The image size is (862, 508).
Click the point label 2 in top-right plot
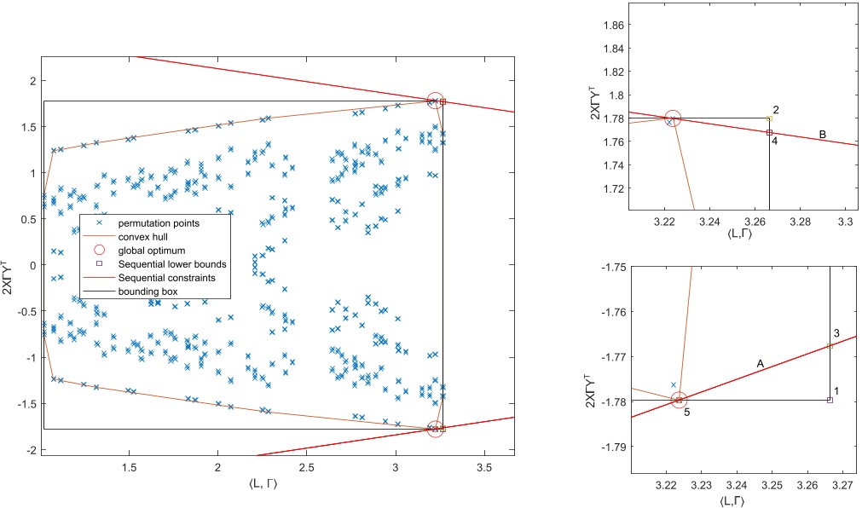(775, 110)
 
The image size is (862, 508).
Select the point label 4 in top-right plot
(774, 141)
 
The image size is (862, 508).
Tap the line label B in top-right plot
(822, 134)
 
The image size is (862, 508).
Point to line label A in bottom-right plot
(759, 362)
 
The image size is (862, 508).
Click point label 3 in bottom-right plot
(837, 332)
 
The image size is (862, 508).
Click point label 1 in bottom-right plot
(836, 390)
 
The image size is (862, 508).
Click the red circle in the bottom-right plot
(679, 400)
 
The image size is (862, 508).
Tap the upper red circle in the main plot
(435, 101)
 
